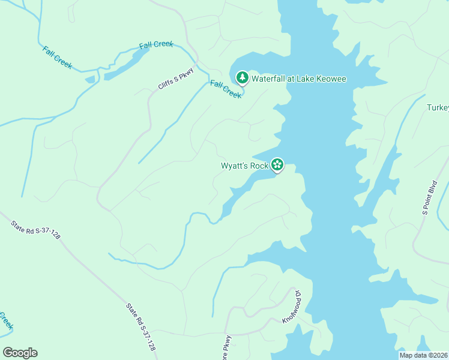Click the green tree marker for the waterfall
242,77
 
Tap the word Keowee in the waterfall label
331,79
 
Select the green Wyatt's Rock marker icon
277,164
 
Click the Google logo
20,353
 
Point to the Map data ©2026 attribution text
424,355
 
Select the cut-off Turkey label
438,107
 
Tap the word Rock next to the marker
259,165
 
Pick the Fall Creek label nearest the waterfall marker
226,89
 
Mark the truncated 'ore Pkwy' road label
227,347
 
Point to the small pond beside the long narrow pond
91,79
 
